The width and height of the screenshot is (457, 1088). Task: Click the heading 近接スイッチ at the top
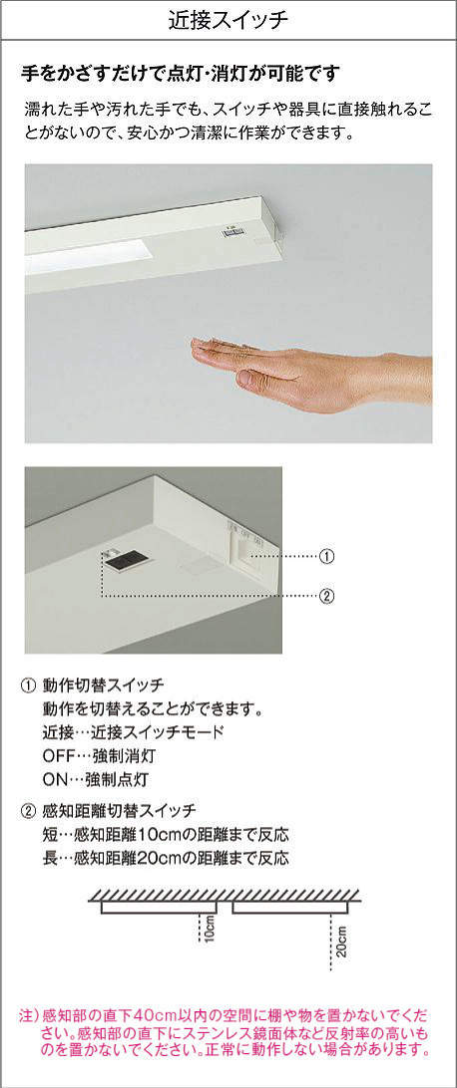point(228,20)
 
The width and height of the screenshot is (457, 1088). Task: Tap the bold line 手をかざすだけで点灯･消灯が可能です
point(181,73)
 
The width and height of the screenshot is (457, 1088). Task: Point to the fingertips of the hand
point(202,345)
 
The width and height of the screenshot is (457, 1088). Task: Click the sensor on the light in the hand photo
point(230,234)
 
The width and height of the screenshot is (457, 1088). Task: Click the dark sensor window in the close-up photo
point(123,561)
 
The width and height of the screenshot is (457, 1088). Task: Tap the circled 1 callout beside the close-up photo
point(326,556)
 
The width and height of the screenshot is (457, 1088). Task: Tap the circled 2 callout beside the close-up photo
point(326,596)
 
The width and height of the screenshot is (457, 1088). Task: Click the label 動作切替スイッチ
point(102,684)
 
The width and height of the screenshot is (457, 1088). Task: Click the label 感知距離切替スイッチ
point(118,810)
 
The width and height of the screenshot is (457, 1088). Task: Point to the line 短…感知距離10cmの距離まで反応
point(165,833)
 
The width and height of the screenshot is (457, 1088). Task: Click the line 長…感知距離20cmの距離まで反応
point(165,857)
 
